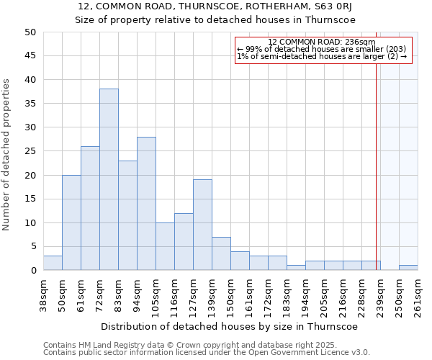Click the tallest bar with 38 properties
(109, 179)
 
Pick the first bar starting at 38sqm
(53, 263)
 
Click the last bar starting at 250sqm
(408, 268)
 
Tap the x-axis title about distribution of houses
(229, 326)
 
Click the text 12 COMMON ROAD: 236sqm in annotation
(321, 42)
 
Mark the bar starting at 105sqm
(165, 246)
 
